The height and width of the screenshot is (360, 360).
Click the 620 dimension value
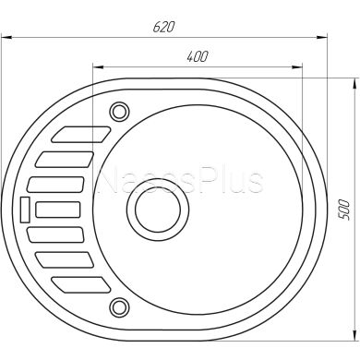(x=165, y=26)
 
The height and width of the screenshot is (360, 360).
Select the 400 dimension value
(x=197, y=56)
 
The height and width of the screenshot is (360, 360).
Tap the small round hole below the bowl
(x=118, y=305)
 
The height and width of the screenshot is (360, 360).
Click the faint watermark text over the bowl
(x=180, y=180)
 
